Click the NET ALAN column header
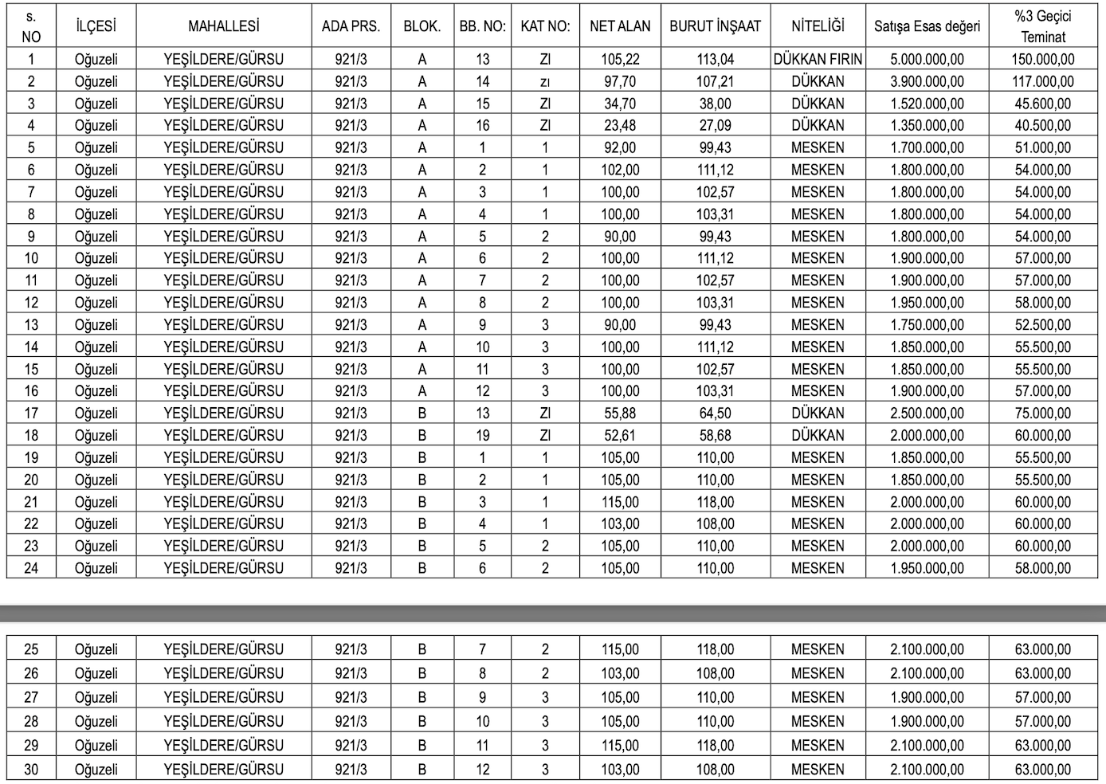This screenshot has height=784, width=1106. (620, 26)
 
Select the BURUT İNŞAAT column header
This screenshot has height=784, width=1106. (715, 26)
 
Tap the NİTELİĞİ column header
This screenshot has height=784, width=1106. (818, 26)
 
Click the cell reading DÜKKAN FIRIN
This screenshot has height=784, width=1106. (818, 59)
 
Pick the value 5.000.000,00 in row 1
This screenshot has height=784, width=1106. (927, 59)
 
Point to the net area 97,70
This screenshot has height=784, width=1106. (620, 81)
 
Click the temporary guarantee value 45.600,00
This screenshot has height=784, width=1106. (1042, 104)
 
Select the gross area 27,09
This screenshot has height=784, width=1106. (715, 125)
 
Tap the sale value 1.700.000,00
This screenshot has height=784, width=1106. (927, 147)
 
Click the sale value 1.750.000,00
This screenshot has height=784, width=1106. (927, 325)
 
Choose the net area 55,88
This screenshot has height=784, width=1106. (620, 414)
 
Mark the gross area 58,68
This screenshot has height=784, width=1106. (715, 436)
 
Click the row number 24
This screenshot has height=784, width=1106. (31, 568)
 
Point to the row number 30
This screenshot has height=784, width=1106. (31, 770)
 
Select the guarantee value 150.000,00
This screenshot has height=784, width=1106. (1042, 59)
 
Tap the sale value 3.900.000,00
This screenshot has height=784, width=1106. (927, 81)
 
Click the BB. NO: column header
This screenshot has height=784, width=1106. (482, 26)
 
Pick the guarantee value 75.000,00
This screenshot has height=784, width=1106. (1042, 414)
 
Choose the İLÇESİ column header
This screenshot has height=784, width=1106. (96, 26)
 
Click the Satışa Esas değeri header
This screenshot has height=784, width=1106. (927, 26)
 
